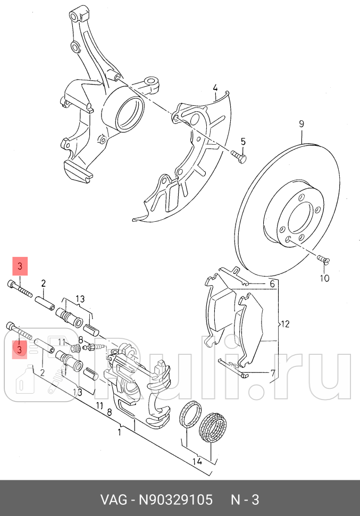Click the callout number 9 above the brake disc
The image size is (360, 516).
point(301,124)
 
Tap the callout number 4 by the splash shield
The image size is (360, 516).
point(215,88)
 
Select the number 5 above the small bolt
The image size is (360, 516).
point(243,142)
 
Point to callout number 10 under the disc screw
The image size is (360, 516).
point(324,278)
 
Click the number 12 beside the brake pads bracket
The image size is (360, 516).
point(285,323)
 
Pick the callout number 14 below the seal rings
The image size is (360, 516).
point(197,461)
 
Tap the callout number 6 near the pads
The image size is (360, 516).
point(272,284)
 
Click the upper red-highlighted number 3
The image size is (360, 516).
point(19,267)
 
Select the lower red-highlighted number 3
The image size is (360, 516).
point(19,349)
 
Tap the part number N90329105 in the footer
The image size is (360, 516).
point(175,500)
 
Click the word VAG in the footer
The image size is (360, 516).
point(113,500)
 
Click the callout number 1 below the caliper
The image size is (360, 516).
point(120,432)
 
